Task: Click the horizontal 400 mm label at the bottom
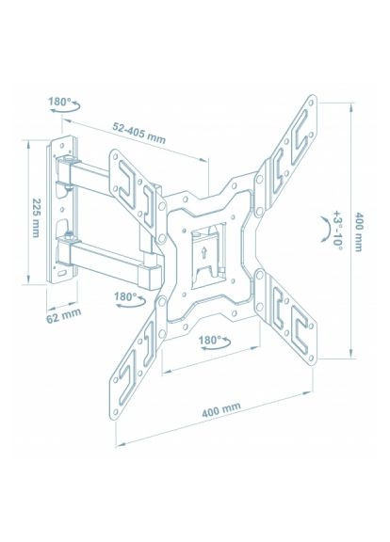(219, 407)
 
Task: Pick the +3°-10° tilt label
(336, 229)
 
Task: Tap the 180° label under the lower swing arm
(125, 296)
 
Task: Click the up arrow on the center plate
(203, 251)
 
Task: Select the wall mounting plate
(63, 212)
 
